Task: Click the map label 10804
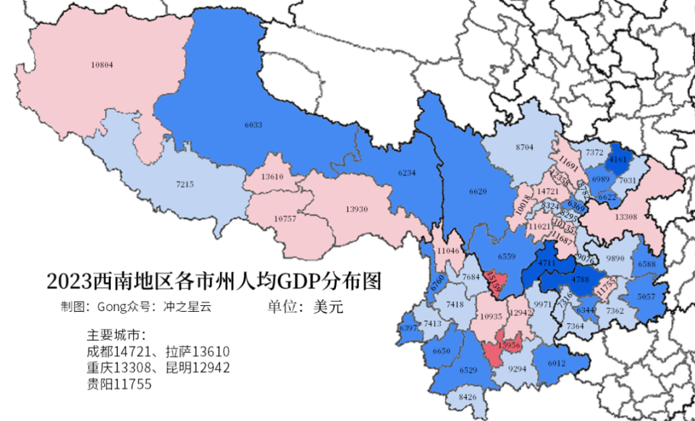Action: click(102, 65)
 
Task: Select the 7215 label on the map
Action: click(185, 184)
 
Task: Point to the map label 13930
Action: click(356, 209)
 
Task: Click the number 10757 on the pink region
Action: click(285, 218)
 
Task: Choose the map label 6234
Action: click(408, 173)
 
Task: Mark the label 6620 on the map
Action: click(479, 192)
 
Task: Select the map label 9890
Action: click(615, 258)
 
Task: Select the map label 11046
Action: click(449, 250)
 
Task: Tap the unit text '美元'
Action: click(328, 307)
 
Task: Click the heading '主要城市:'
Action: click(117, 336)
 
